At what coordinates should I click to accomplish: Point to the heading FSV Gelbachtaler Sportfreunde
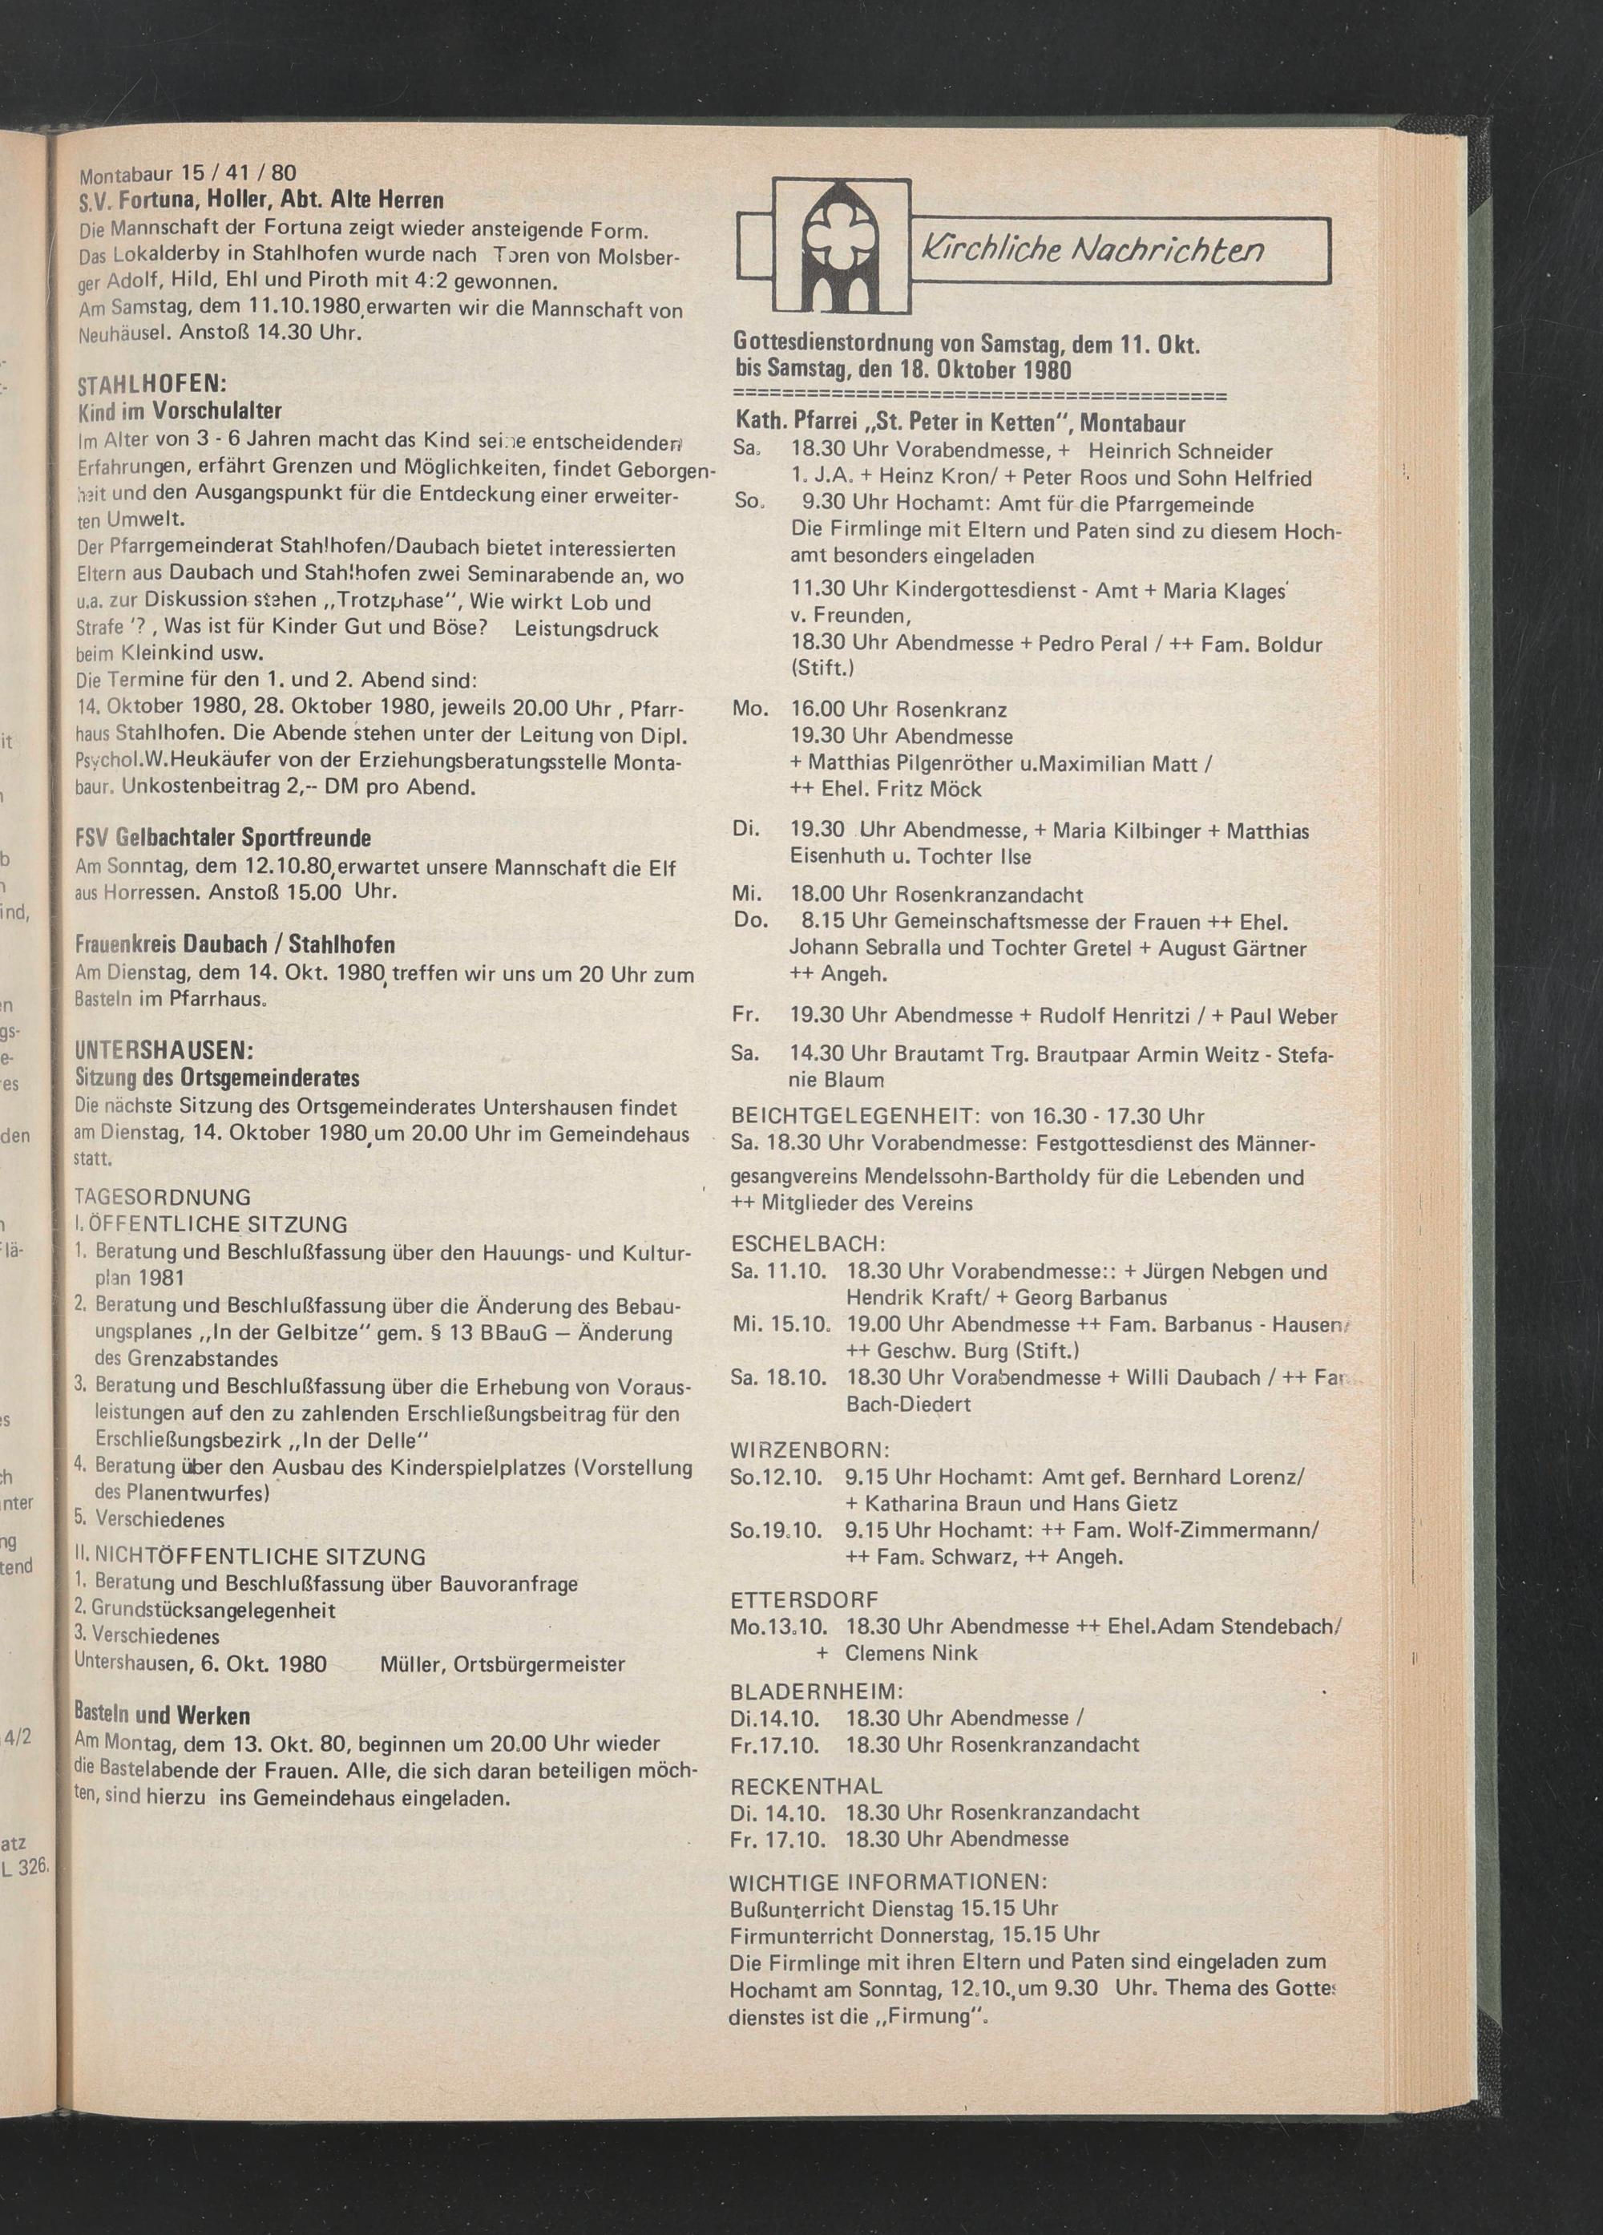(223, 839)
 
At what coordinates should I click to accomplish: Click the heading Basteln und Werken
(162, 1716)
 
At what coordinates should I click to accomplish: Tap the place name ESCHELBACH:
(808, 1243)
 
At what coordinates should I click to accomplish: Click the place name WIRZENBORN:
(810, 1449)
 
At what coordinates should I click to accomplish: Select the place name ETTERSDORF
(804, 1600)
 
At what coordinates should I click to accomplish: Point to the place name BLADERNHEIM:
(816, 1692)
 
